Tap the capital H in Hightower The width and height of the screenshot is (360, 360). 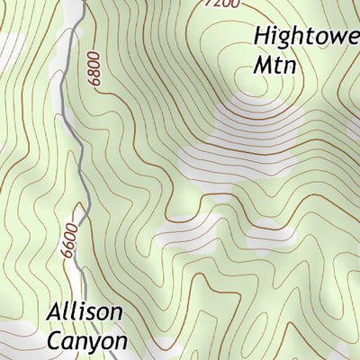click(x=262, y=36)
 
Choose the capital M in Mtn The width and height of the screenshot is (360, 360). click(x=263, y=66)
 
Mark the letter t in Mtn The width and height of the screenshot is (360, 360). click(x=278, y=66)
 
